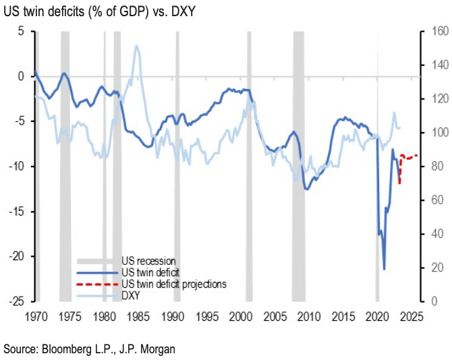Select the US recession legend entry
[148, 260]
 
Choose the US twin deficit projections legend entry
[173, 284]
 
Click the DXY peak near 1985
[137, 46]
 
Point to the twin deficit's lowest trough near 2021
[384, 268]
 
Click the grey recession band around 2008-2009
[298, 169]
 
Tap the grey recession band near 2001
[249, 169]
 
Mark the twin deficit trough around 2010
[307, 189]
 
